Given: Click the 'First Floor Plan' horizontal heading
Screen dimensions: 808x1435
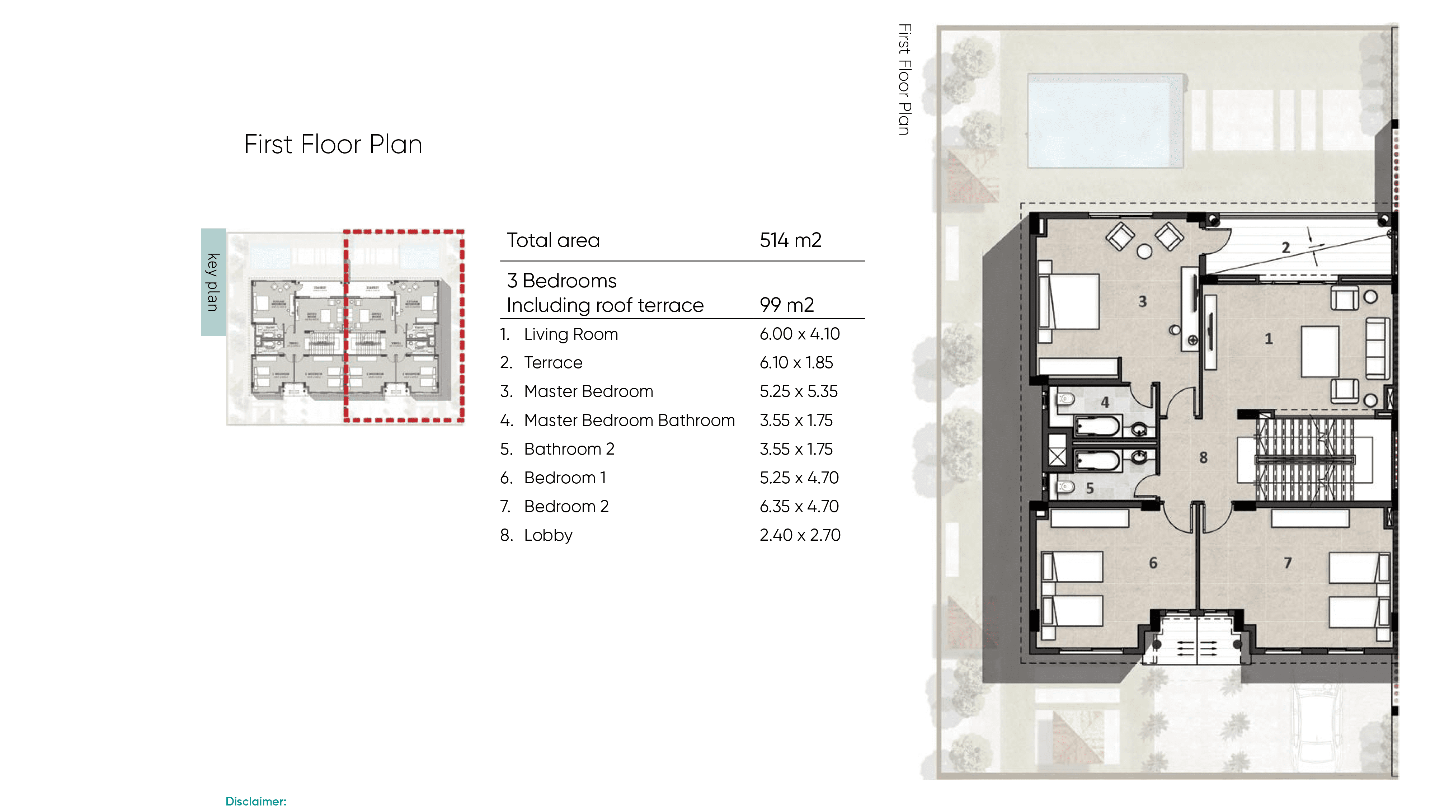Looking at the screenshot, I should (333, 144).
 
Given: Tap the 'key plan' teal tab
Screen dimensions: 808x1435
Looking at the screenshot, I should (213, 282).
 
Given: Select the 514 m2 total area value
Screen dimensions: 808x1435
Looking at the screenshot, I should (790, 240).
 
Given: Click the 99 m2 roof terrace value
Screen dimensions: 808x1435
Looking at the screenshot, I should (786, 305).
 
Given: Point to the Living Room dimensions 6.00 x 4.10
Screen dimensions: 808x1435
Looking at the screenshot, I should (799, 334).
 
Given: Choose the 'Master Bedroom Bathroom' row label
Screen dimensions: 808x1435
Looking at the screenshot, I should (629, 420).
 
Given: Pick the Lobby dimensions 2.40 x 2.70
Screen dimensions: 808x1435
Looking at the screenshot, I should (799, 535).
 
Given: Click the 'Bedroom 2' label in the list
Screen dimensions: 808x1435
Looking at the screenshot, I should (566, 507).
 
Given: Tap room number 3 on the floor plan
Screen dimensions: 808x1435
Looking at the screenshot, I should (1142, 301).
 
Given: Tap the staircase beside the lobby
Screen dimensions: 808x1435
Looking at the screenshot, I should (1304, 460).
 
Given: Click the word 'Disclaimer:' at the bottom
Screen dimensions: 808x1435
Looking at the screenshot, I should (256, 801).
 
